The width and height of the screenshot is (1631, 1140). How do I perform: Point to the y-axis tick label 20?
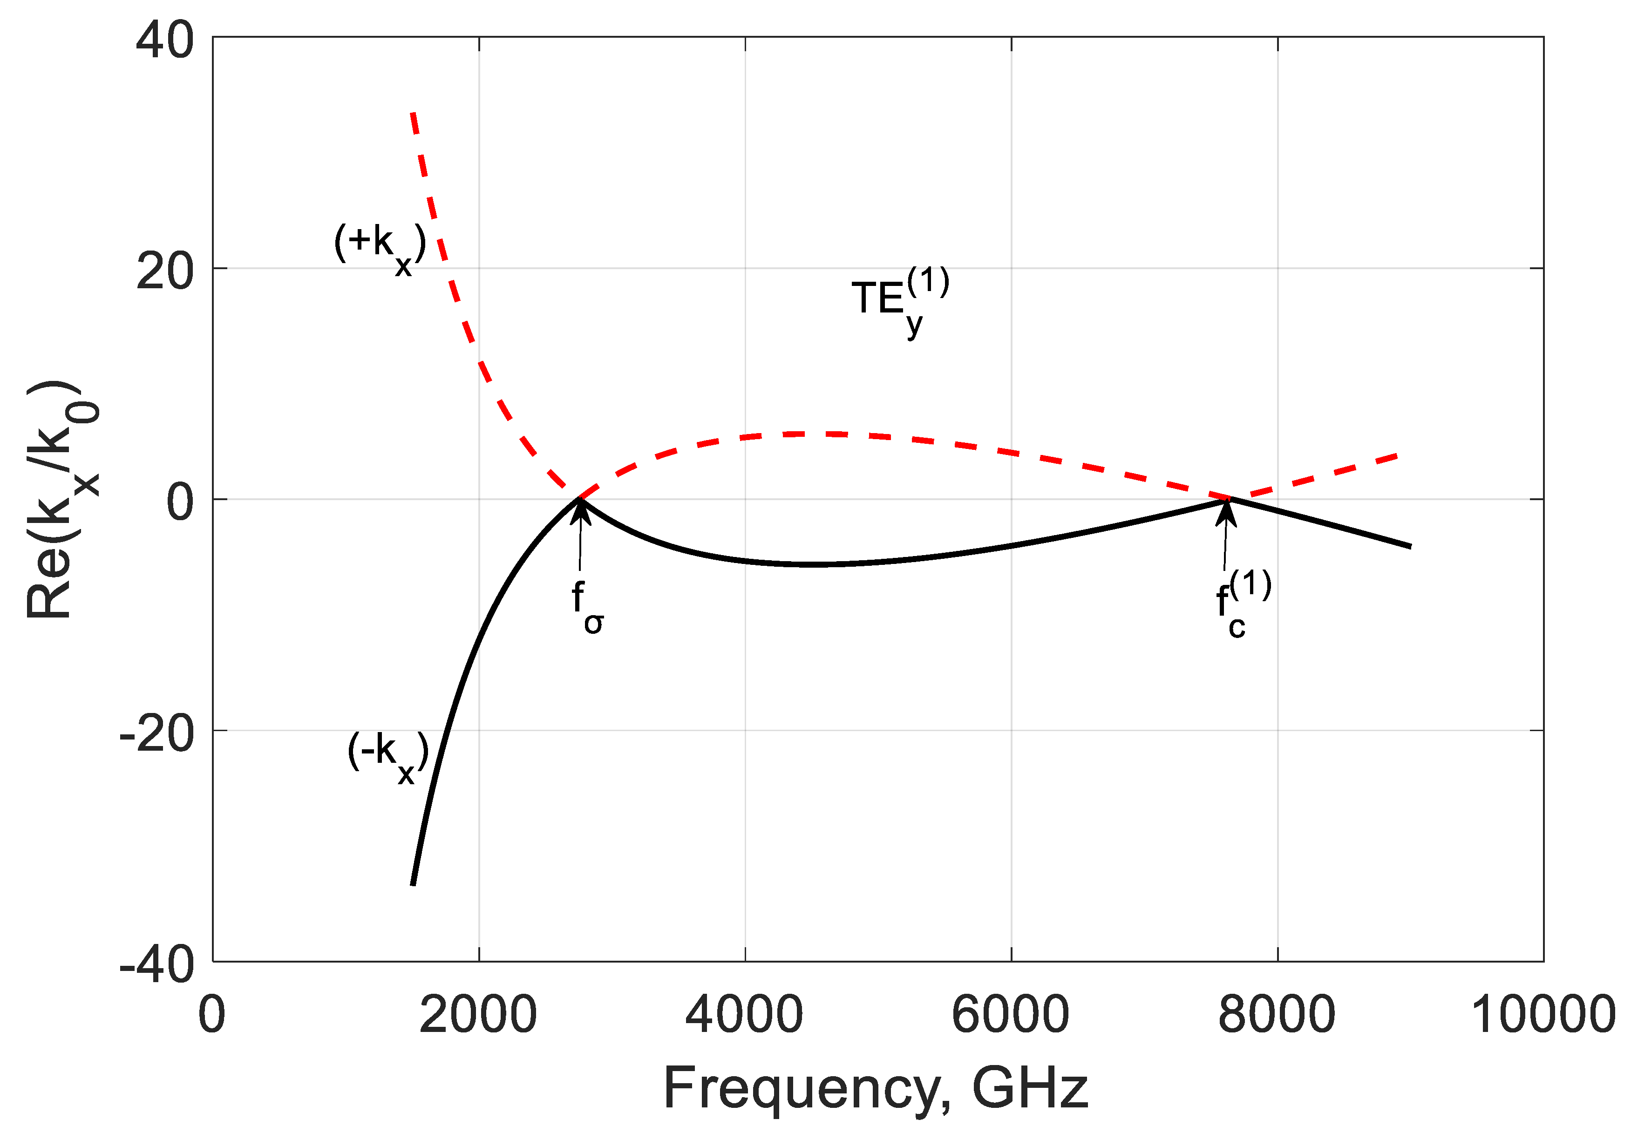165,271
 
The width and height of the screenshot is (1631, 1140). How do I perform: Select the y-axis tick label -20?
156,733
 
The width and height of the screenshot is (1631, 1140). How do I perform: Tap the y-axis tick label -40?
156,964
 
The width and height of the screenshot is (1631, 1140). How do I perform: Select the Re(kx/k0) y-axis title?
62,499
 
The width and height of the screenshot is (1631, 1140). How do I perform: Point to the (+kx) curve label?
380,247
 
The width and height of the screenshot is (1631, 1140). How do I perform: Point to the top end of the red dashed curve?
413,114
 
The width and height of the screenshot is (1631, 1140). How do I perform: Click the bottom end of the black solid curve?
413,884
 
